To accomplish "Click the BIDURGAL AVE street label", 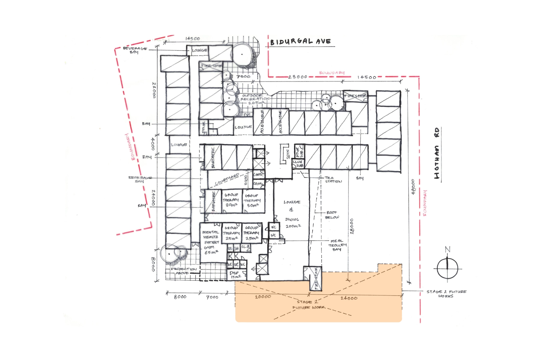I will [x=300, y=42].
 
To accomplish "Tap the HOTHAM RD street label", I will [x=437, y=153].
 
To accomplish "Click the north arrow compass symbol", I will [x=447, y=267].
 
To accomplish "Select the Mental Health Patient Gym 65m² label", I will [x=211, y=242].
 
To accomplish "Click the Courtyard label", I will [x=227, y=179].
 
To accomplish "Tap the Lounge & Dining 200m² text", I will [x=292, y=214].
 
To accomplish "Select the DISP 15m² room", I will [x=235, y=275].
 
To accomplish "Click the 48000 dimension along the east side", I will [x=413, y=187].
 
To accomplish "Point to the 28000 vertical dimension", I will [x=352, y=226].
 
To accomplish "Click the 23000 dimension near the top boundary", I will [x=298, y=77].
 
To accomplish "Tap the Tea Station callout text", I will [x=333, y=180].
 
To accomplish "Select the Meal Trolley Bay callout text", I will [x=338, y=245].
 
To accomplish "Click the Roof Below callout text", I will [x=332, y=215].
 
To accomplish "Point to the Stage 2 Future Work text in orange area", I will [x=309, y=305].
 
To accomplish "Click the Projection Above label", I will [x=184, y=271].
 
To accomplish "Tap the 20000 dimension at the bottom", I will [x=263, y=297].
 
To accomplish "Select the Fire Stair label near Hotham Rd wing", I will [x=355, y=96].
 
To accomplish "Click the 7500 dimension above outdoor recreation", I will [x=243, y=77].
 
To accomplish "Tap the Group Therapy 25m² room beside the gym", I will [x=232, y=233].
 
